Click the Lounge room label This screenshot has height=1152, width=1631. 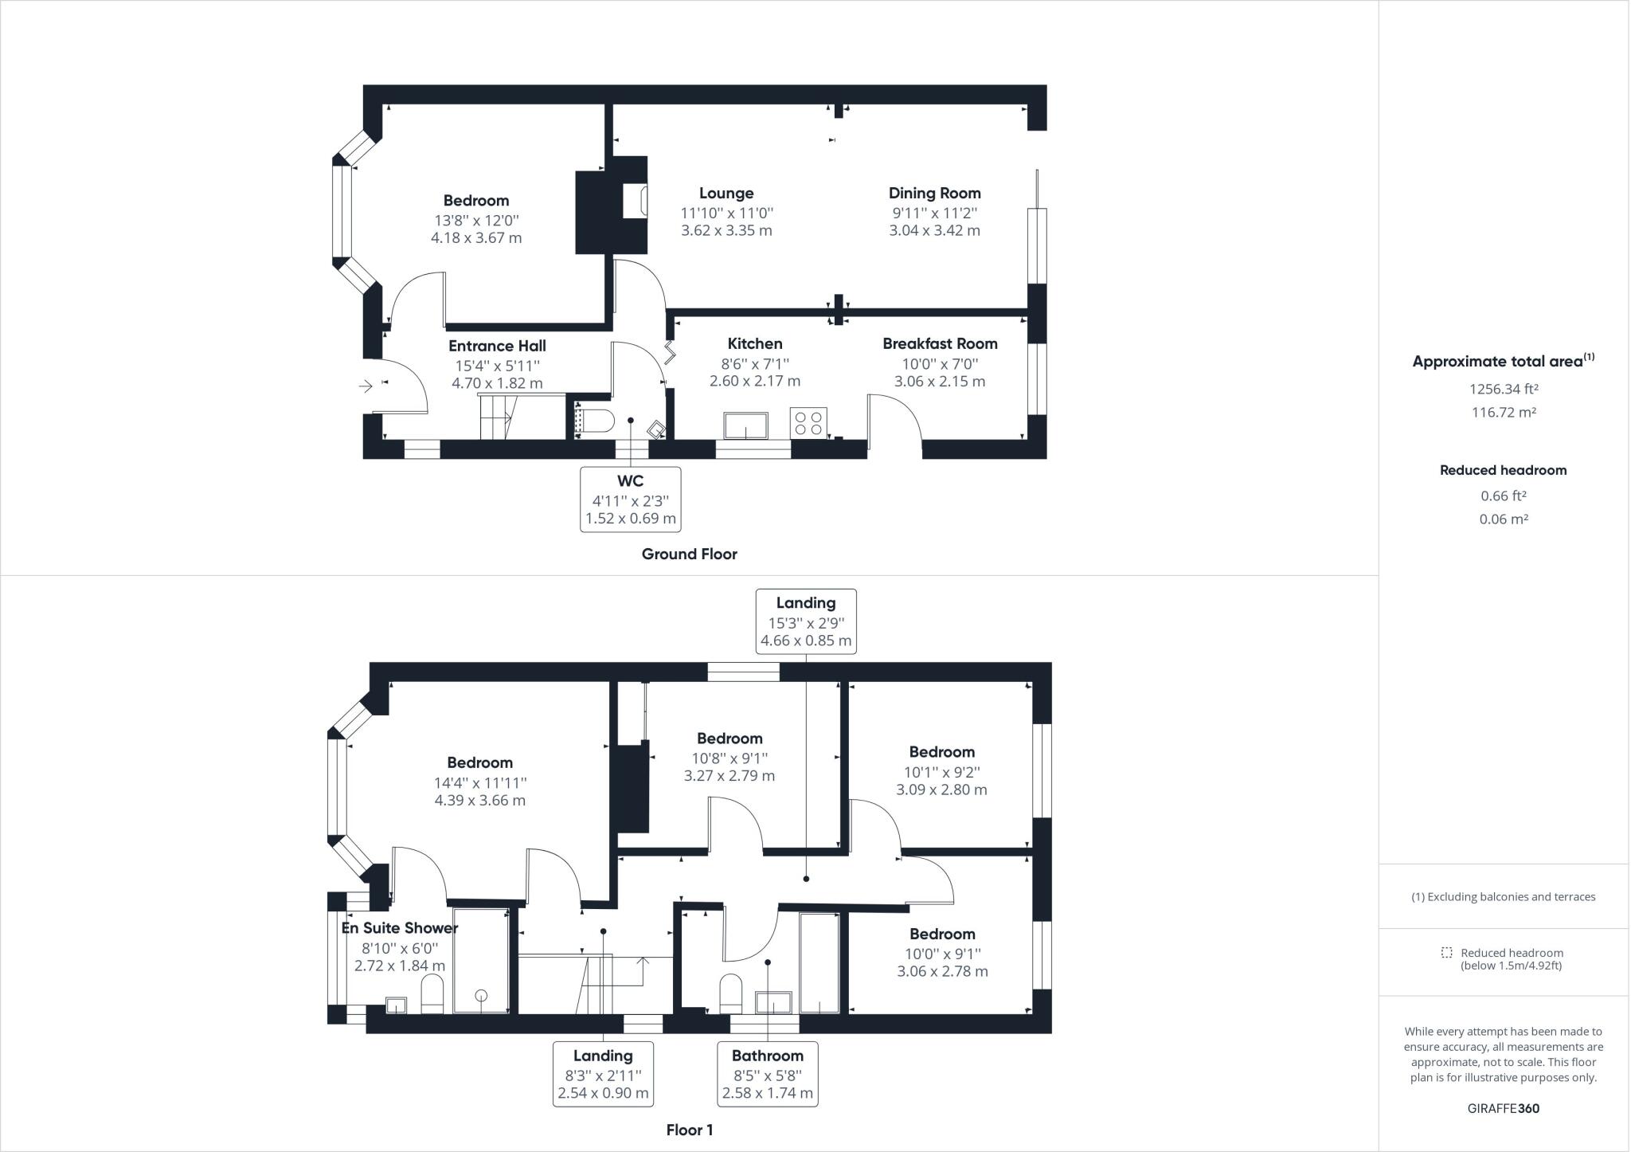(x=726, y=194)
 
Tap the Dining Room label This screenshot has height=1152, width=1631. (x=934, y=194)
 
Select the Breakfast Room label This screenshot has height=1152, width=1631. (x=940, y=344)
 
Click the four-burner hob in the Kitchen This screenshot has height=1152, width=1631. (x=808, y=422)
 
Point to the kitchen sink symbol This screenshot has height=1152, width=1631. (x=745, y=425)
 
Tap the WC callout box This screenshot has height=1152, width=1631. (x=630, y=500)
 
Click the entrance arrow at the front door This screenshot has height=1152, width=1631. (x=366, y=386)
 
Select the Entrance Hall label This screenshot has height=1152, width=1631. (x=497, y=347)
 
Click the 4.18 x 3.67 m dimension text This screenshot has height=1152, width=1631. (x=476, y=238)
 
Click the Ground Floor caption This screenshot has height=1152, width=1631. (x=689, y=554)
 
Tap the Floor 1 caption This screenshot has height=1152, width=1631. (x=689, y=1130)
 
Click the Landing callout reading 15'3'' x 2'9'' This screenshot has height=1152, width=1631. (x=806, y=622)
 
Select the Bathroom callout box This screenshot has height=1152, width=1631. (x=767, y=1074)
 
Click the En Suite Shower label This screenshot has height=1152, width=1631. (x=400, y=928)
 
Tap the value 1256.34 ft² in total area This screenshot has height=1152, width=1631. (x=1503, y=390)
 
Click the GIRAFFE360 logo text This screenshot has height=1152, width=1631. (x=1503, y=1108)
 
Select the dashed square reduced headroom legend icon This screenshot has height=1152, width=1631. (x=1446, y=953)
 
